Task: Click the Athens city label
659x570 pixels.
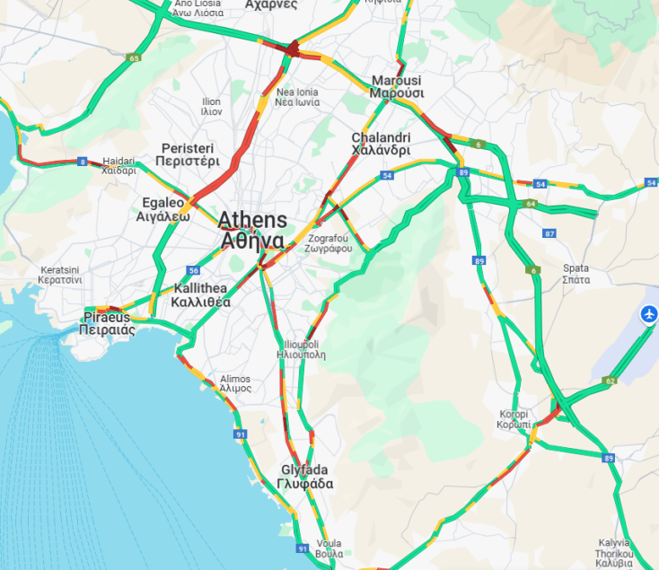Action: pyautogui.click(x=252, y=230)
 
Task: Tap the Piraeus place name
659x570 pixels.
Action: pyautogui.click(x=108, y=323)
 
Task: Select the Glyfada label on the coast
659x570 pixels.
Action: pyautogui.click(x=306, y=477)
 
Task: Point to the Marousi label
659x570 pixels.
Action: pyautogui.click(x=396, y=86)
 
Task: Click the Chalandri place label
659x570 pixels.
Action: pyautogui.click(x=381, y=144)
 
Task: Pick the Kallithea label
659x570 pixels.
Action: pyautogui.click(x=201, y=295)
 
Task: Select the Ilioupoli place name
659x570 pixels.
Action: pyautogui.click(x=301, y=348)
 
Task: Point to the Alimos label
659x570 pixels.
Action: pyautogui.click(x=235, y=383)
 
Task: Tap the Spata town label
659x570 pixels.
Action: pyautogui.click(x=576, y=274)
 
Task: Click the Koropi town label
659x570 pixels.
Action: pyautogui.click(x=515, y=418)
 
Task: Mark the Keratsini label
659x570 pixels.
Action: pyautogui.click(x=60, y=275)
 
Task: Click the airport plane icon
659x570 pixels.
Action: pyautogui.click(x=647, y=314)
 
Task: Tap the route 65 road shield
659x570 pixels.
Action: pyautogui.click(x=135, y=58)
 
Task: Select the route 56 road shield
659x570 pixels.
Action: pyautogui.click(x=193, y=270)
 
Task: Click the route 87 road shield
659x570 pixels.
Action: pyautogui.click(x=549, y=233)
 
